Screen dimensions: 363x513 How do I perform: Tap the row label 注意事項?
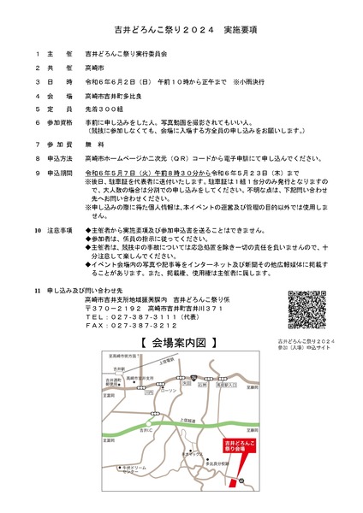pyautogui.click(x=62, y=231)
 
